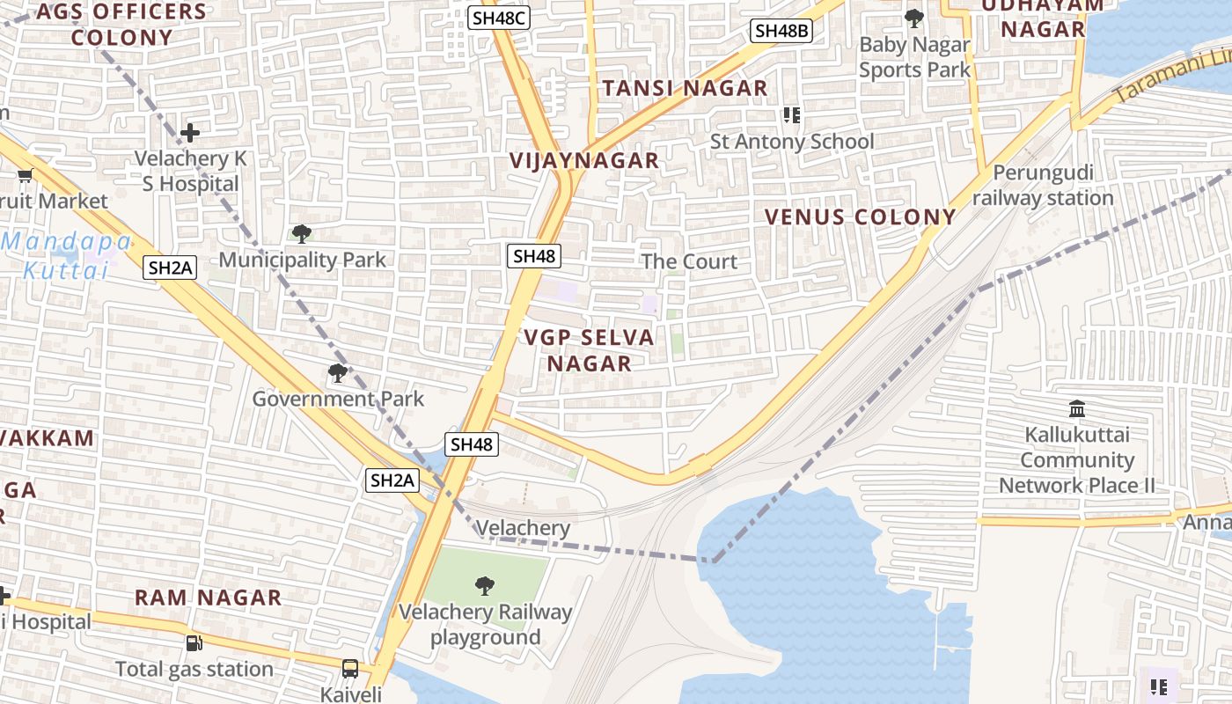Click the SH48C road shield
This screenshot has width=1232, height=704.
point(499,17)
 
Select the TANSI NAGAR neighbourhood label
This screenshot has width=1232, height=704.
point(685,88)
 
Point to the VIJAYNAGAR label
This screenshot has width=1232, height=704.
point(583,160)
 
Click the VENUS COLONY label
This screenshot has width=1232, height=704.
point(860,216)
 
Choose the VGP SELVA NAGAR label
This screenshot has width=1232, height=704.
point(590,350)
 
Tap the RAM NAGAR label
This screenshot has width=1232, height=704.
point(208,598)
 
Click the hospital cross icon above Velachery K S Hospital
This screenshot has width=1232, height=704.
point(190,133)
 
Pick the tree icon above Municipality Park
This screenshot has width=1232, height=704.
point(302,234)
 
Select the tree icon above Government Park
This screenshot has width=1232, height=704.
point(337,373)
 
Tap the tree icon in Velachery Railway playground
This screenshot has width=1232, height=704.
point(484,585)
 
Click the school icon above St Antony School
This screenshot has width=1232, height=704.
point(791,115)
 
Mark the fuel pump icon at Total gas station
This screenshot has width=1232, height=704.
point(194,643)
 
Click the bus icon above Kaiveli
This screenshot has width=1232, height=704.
point(350,669)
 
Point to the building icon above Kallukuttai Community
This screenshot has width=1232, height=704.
point(1076,409)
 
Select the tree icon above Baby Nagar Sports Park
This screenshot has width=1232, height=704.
point(914,18)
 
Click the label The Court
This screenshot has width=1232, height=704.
point(689,261)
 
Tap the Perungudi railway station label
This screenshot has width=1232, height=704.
point(1042,186)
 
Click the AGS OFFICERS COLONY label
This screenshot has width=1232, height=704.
point(121,25)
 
